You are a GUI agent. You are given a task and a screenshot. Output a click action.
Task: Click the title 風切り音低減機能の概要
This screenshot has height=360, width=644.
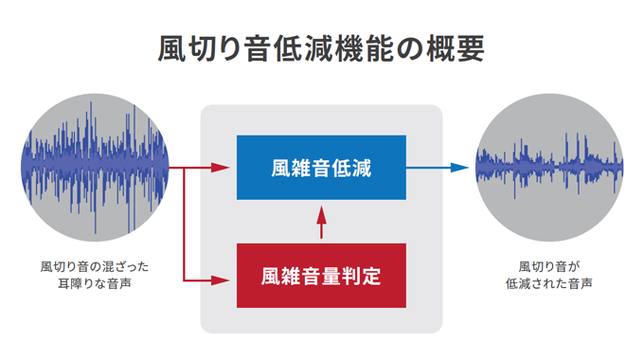click(321, 48)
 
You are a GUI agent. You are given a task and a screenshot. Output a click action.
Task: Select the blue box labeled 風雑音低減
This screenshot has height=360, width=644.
click(321, 168)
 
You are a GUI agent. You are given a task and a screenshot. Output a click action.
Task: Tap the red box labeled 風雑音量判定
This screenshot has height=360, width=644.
click(321, 277)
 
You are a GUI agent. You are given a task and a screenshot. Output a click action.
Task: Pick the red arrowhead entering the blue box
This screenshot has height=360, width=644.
click(224, 168)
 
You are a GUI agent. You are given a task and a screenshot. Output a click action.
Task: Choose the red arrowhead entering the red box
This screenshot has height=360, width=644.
click(224, 280)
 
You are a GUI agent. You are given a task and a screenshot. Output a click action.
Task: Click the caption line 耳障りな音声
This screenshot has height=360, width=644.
click(95, 283)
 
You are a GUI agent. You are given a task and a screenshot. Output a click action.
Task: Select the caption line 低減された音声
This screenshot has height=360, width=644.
click(548, 283)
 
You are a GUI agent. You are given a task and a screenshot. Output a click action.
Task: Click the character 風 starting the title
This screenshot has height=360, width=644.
click(171, 48)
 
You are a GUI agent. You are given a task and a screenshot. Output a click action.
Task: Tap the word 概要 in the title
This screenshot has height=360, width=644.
click(456, 48)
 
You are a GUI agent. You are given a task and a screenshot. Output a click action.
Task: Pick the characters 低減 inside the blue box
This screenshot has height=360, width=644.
click(353, 168)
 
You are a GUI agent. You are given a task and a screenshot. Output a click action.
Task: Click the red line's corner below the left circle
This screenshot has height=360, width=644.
click(183, 280)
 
